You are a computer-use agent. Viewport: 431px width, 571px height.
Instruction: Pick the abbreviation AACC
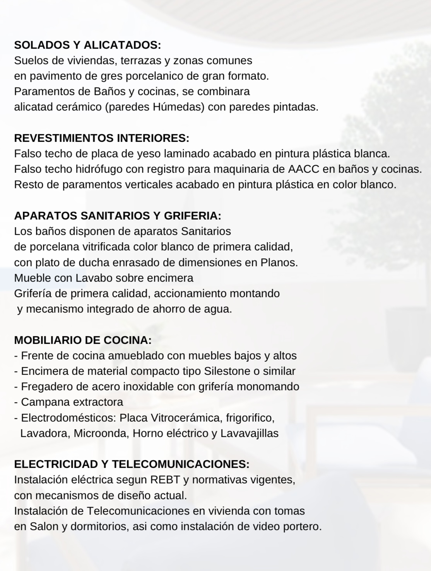(303, 169)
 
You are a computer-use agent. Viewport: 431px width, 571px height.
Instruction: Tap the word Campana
(43, 402)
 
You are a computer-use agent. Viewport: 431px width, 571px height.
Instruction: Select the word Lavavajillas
(250, 433)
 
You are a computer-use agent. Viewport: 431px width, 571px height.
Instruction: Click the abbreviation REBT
(165, 480)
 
